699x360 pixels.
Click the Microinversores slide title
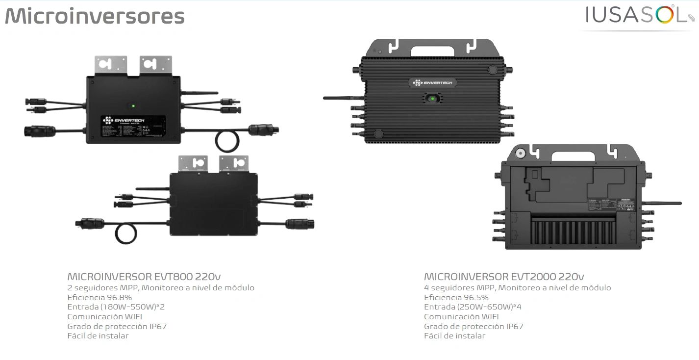pyautogui.click(x=95, y=16)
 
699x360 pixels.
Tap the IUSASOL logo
pyautogui.click(x=636, y=15)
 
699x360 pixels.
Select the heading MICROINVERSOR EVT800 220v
pyautogui.click(x=147, y=277)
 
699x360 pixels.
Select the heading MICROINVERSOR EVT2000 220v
pyautogui.click(x=504, y=277)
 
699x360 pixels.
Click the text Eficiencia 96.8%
pyautogui.click(x=100, y=297)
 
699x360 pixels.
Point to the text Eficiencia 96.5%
pyautogui.click(x=456, y=297)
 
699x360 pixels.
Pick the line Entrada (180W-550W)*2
pyautogui.click(x=116, y=307)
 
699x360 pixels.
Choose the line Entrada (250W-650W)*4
pyautogui.click(x=473, y=307)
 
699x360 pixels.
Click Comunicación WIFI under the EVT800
pyautogui.click(x=105, y=317)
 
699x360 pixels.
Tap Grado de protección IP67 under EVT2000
pyautogui.click(x=474, y=326)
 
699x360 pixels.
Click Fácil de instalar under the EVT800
pyautogui.click(x=98, y=336)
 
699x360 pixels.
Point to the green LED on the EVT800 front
pyautogui.click(x=132, y=105)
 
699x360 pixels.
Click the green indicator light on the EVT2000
pyautogui.click(x=432, y=99)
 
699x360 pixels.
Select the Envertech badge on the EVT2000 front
pyautogui.click(x=432, y=82)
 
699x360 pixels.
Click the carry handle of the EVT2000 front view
pyautogui.click(x=432, y=50)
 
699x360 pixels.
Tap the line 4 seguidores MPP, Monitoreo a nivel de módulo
pyautogui.click(x=518, y=288)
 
